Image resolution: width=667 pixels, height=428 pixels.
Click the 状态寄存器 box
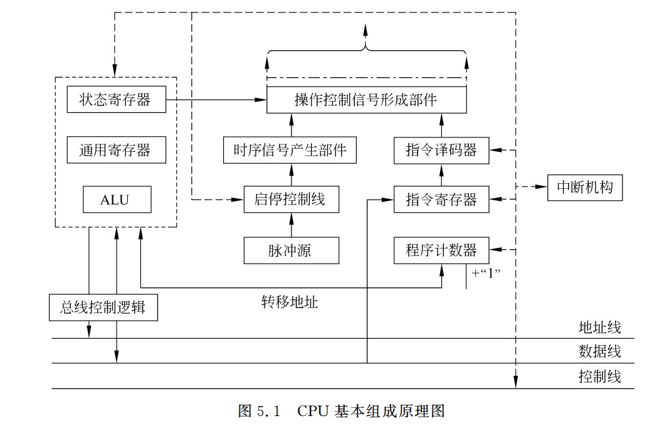(116, 99)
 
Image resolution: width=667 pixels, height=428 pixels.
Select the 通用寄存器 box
(116, 150)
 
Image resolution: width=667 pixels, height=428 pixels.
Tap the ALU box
(117, 200)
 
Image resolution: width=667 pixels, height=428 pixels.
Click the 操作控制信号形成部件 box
(366, 99)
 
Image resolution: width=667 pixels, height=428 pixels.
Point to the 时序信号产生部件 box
(290, 150)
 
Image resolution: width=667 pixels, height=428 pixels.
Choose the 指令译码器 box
(441, 150)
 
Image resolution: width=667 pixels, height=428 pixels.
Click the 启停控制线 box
(290, 200)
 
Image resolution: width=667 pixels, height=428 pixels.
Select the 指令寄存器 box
(441, 200)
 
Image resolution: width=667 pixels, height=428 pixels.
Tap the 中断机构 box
(585, 187)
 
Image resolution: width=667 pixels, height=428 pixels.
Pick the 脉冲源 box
(290, 250)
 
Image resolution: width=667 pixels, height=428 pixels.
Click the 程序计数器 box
(441, 250)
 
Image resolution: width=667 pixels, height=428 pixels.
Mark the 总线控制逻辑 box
(103, 308)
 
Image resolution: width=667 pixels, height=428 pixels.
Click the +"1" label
(489, 274)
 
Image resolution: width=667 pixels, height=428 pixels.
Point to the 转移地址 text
(290, 302)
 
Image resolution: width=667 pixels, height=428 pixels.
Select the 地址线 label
(599, 327)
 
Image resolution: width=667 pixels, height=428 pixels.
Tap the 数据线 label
(599, 351)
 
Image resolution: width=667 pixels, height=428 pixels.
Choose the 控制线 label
(599, 377)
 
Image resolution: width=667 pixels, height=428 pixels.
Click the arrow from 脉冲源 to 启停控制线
(290, 225)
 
